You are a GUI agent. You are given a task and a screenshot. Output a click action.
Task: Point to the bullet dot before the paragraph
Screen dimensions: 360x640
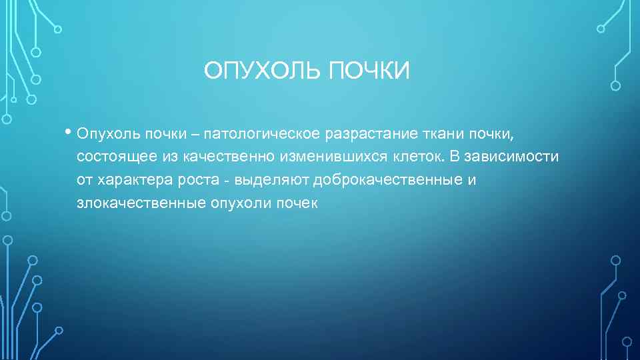click(69, 131)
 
